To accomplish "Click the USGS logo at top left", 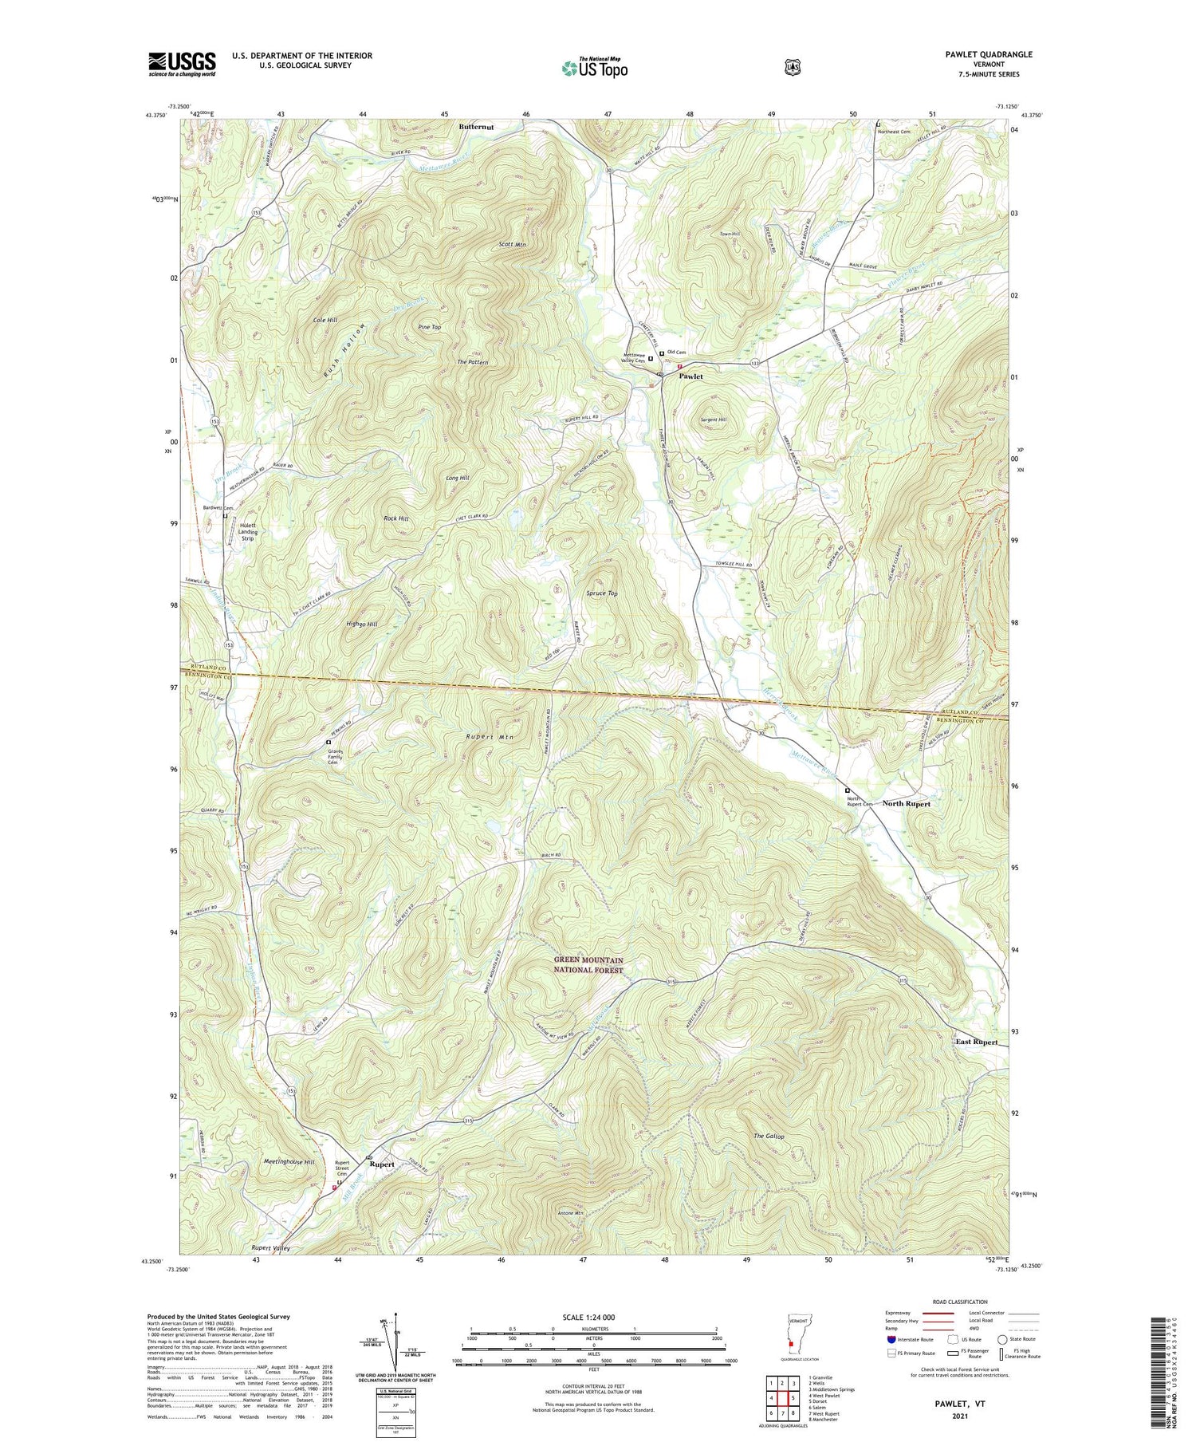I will point(182,64).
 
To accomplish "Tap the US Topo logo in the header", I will point(594,68).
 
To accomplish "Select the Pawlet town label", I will point(690,376).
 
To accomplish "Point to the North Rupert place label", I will point(906,803).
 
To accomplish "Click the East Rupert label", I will point(977,1042).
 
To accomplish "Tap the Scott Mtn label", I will point(512,244).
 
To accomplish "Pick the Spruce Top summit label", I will point(602,593).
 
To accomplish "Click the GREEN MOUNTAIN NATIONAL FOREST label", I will point(589,964).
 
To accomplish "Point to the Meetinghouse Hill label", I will point(289,1162).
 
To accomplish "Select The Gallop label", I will point(769,1136).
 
